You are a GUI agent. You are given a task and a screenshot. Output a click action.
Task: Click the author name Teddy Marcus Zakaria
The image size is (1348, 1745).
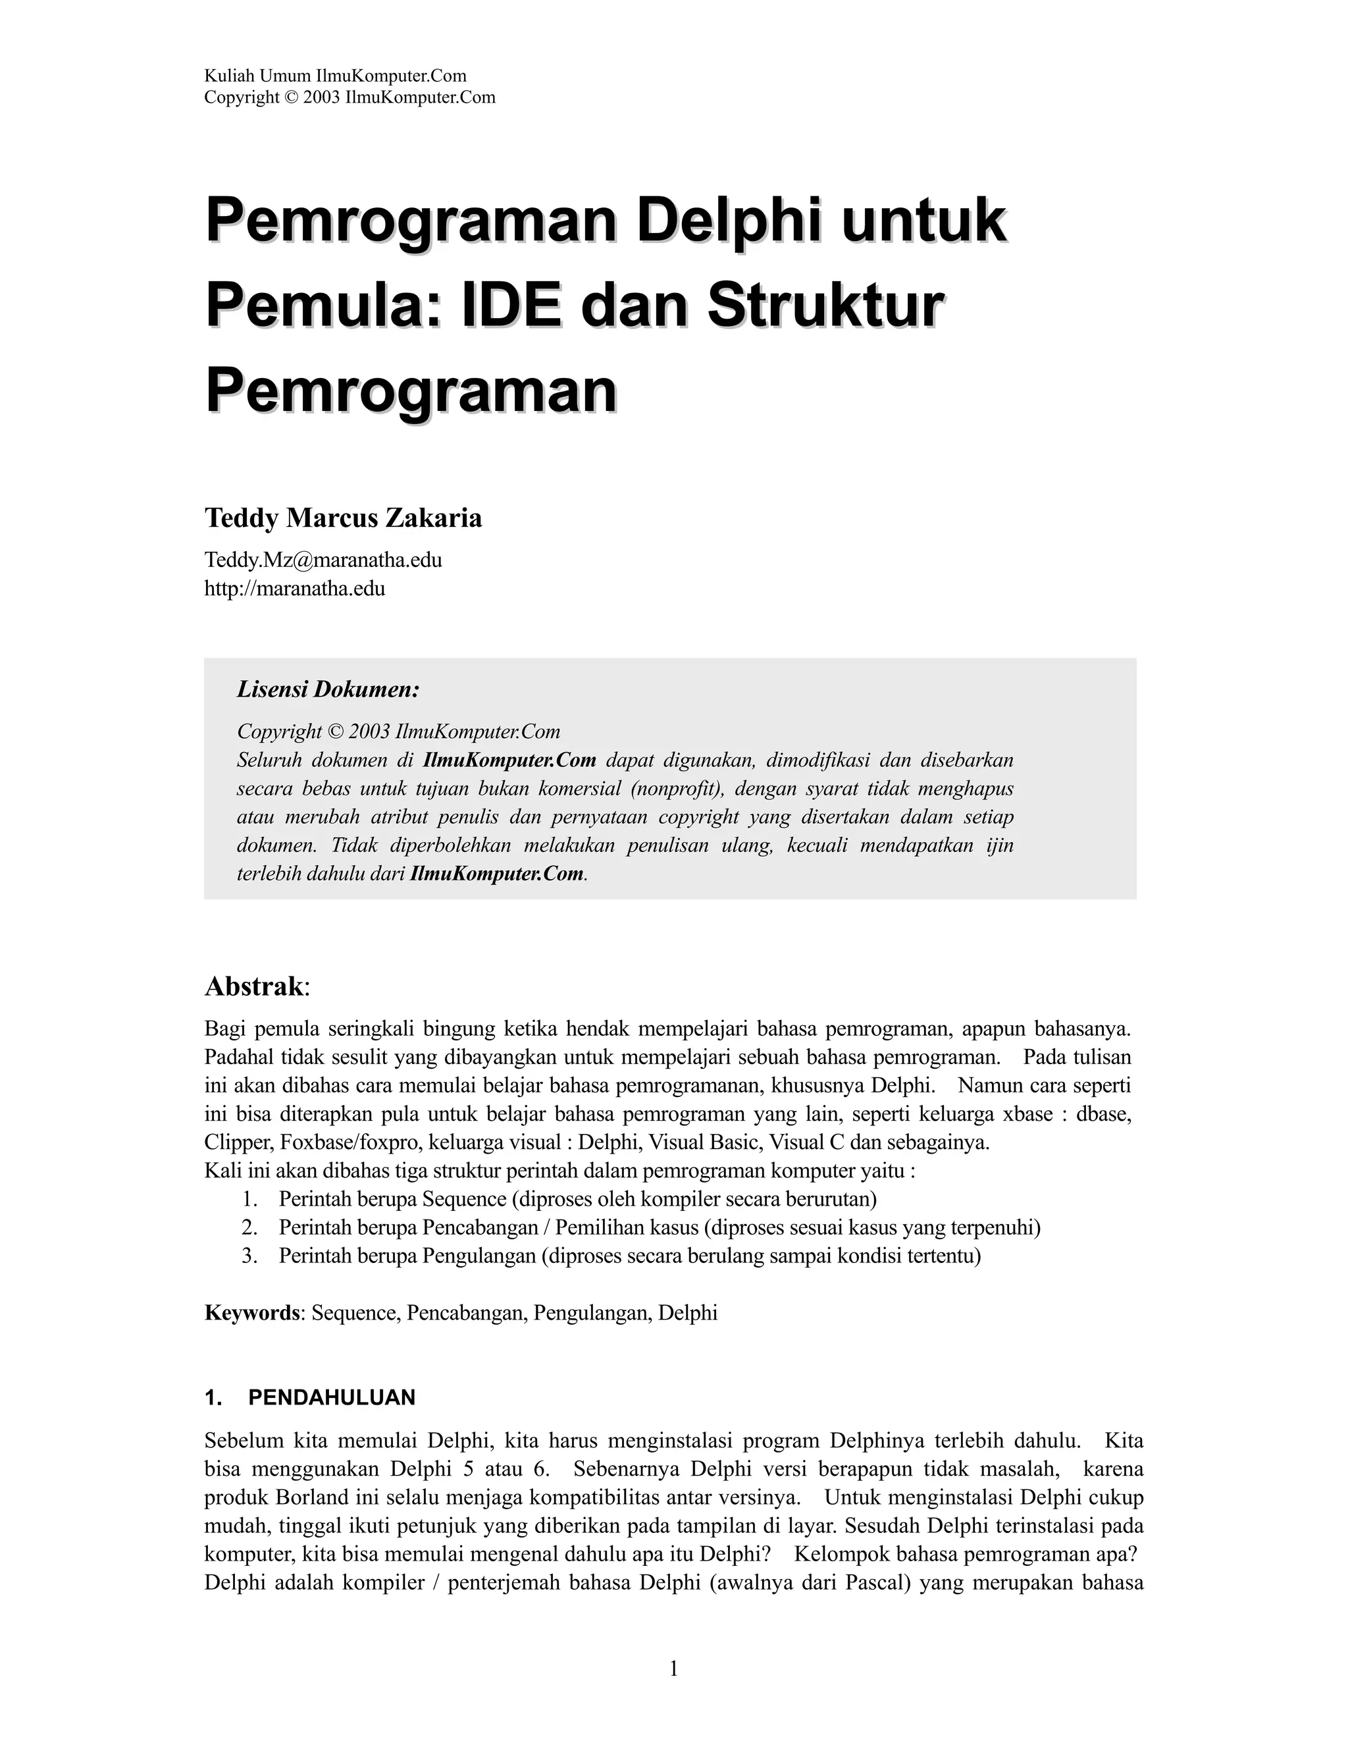pos(344,518)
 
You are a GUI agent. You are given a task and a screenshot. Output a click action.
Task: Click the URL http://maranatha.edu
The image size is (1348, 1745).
pos(295,589)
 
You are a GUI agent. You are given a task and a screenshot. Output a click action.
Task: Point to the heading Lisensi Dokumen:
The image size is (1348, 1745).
pos(327,689)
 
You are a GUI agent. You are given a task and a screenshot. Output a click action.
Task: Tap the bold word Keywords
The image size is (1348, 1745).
pos(251,1313)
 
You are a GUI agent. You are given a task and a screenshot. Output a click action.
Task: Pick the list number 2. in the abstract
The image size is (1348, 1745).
pos(249,1227)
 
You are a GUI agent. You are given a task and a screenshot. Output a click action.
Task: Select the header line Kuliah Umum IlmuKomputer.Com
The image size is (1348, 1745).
pos(336,76)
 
